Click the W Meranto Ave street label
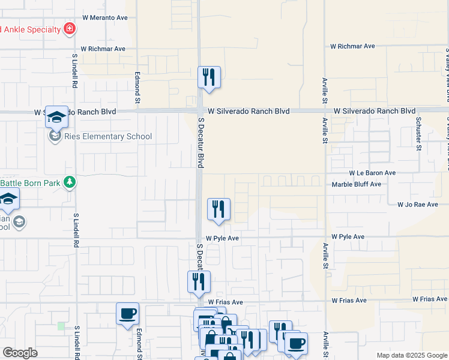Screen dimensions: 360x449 tap(105, 18)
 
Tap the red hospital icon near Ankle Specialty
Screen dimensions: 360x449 tap(70, 29)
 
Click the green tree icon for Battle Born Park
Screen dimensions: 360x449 tap(70, 182)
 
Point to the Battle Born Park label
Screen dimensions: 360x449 tap(30, 182)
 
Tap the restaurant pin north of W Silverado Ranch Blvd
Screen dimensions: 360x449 tap(209, 77)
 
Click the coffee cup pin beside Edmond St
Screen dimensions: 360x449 tap(127, 313)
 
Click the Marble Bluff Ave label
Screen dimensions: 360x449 tap(357, 184)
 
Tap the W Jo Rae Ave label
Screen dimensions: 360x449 tap(418, 205)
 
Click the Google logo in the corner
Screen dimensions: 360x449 tap(20, 353)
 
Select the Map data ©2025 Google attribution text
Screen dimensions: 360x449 tap(411, 355)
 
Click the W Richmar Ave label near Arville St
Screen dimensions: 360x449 tap(352, 46)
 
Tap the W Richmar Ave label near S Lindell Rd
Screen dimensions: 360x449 tap(103, 49)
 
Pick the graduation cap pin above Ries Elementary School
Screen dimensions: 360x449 tap(56, 117)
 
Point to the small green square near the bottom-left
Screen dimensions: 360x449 tap(61, 326)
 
